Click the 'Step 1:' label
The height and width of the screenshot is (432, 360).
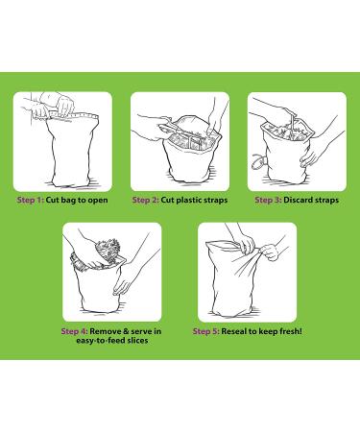point(30,201)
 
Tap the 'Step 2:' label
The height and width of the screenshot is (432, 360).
point(146,201)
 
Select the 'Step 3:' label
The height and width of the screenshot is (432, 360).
point(268,201)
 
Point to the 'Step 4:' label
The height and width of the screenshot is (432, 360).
point(74,331)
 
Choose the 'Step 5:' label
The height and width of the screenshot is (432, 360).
point(206,331)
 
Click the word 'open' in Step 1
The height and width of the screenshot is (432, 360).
point(98,201)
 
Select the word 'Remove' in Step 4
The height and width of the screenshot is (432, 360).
point(105,331)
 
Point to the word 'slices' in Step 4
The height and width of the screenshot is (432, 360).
point(137,340)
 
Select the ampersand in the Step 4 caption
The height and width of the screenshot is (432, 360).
point(126,331)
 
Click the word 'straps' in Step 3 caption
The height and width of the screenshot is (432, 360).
point(326,201)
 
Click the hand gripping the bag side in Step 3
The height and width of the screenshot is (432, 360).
point(309,156)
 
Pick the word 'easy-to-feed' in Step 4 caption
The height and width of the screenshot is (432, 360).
point(101,340)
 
